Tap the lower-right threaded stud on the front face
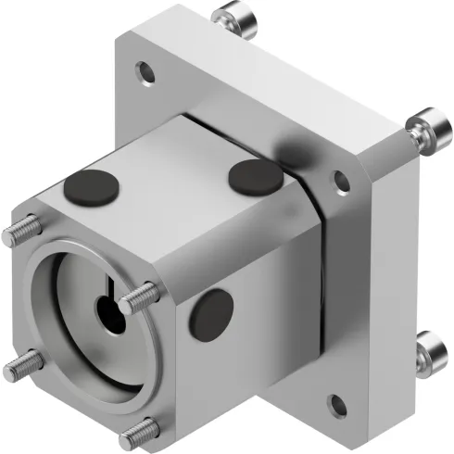point(140,429)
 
